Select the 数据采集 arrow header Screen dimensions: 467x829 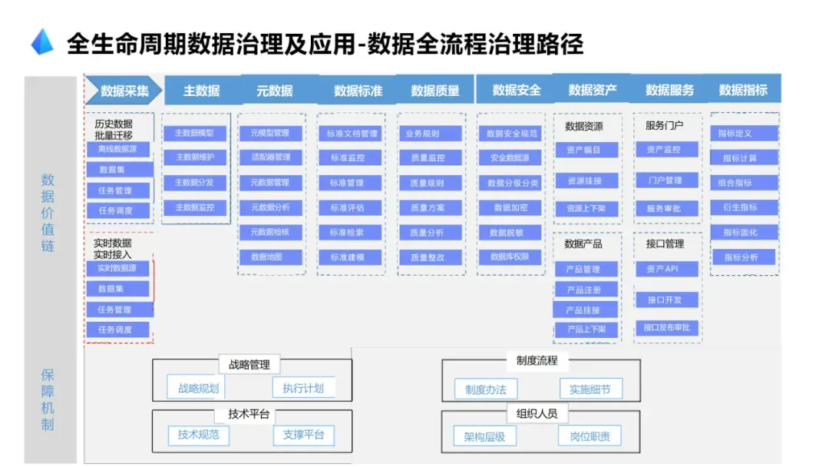click(x=124, y=91)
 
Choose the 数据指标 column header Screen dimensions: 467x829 click(x=742, y=91)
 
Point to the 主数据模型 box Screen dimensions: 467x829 click(x=195, y=134)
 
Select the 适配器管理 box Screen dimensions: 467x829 click(x=270, y=157)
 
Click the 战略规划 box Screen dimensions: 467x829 click(x=198, y=389)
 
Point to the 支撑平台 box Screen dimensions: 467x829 click(x=303, y=435)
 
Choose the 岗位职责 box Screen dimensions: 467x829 click(x=590, y=437)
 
